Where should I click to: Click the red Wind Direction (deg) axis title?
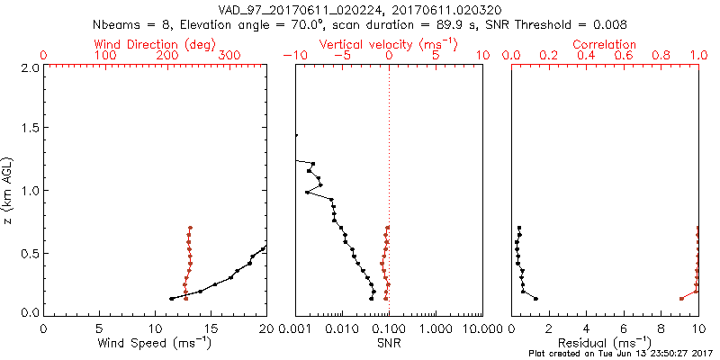click(155, 44)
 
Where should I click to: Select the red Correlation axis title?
click(604, 44)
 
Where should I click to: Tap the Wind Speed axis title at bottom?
click(155, 342)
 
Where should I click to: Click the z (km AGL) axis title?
click(9, 189)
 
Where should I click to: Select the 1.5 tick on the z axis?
click(30, 129)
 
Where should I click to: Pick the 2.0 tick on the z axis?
click(30, 67)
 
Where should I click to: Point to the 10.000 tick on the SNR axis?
click(481, 328)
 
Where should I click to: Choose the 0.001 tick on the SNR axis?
click(295, 328)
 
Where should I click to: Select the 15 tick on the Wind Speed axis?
click(211, 328)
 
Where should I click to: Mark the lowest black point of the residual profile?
click(535, 299)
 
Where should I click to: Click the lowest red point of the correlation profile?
click(680, 299)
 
